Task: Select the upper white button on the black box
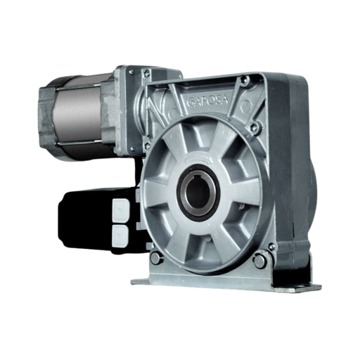[x=120, y=210]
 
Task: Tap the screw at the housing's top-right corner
[x=242, y=82]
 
